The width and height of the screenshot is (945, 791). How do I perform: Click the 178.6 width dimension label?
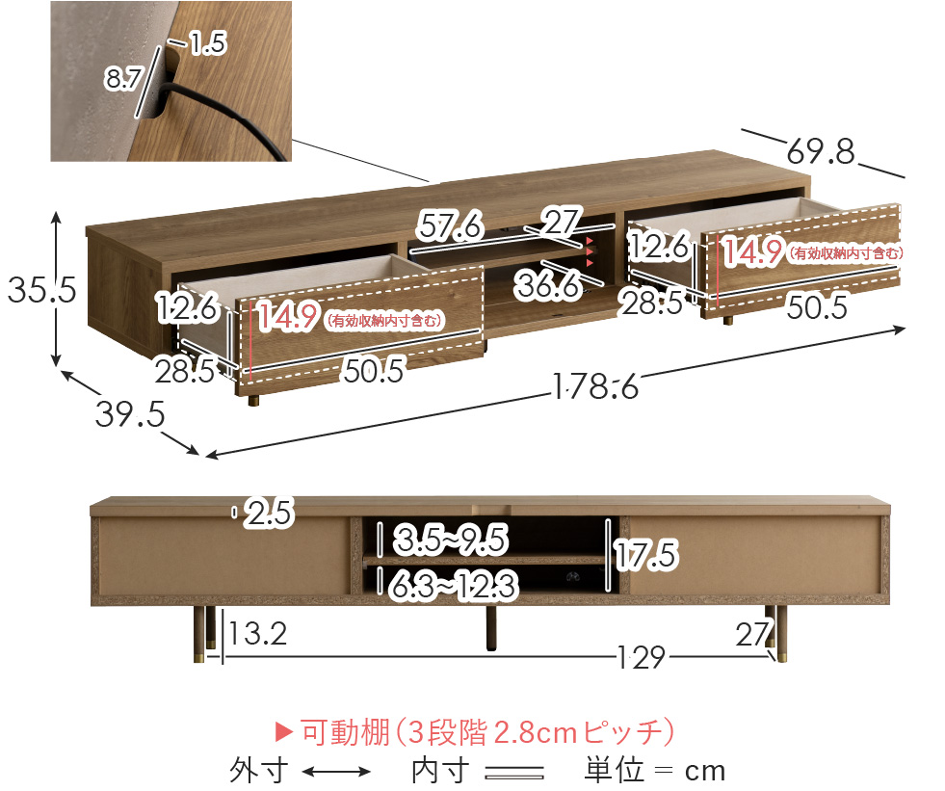[x=596, y=386]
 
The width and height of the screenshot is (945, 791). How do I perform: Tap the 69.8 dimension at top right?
[x=821, y=151]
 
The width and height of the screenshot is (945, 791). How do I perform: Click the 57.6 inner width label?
[x=450, y=227]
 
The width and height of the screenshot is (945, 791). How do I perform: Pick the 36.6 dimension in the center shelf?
[x=546, y=283]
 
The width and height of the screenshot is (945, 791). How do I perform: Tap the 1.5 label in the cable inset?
[x=207, y=43]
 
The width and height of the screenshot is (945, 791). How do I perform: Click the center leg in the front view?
[x=492, y=628]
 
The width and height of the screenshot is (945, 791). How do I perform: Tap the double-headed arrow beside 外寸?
[x=336, y=772]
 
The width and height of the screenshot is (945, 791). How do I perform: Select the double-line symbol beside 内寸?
[x=514, y=772]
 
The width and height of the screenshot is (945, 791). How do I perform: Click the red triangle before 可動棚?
[x=284, y=733]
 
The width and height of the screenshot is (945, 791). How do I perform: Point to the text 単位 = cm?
[x=654, y=771]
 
